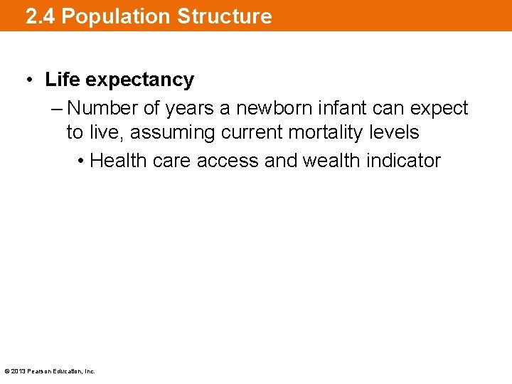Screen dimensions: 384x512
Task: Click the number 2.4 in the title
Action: click(41, 16)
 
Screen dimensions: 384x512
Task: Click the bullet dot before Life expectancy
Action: click(31, 80)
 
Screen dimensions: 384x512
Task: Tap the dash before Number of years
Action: click(57, 108)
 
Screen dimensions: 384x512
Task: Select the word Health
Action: click(119, 161)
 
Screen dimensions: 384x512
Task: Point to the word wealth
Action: click(331, 161)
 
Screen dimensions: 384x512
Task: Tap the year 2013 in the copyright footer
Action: click(18, 371)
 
